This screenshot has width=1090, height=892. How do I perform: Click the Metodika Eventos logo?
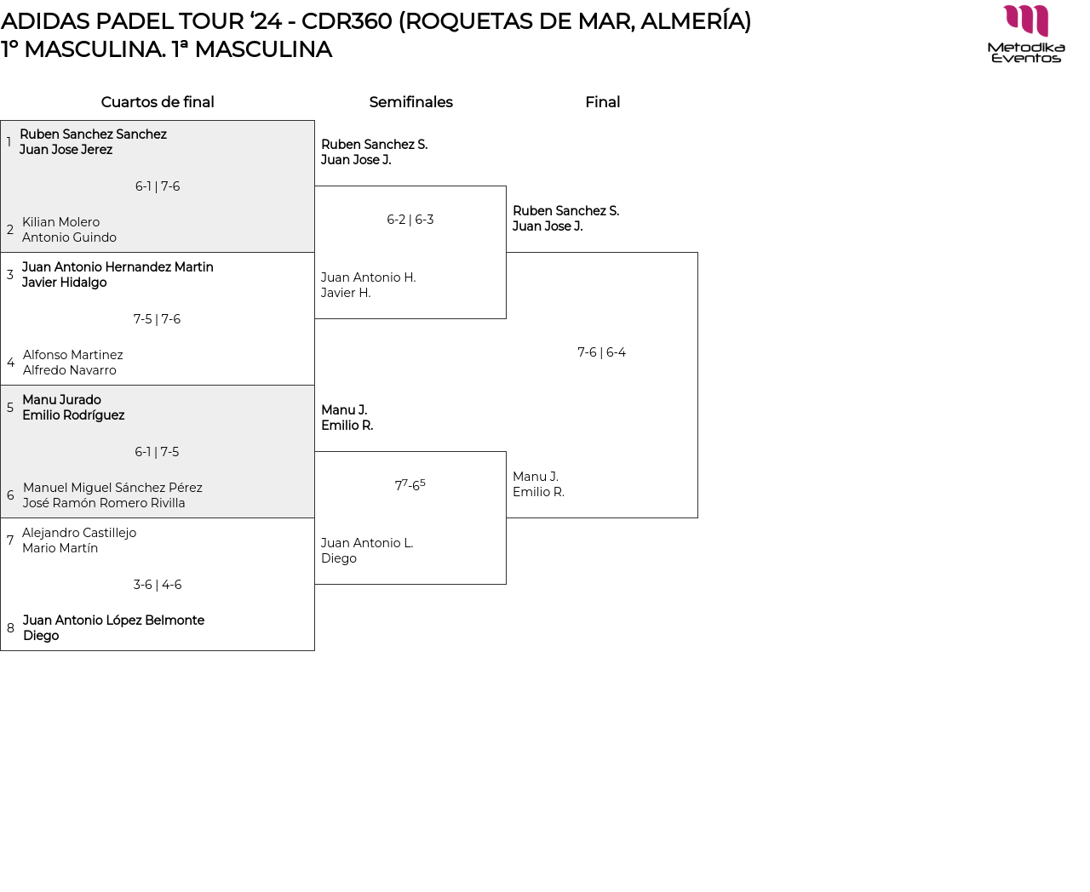1026,34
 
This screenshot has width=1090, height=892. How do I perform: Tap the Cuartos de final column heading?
158,102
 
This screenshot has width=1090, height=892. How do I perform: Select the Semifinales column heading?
410,102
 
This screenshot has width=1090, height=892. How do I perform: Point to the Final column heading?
602,102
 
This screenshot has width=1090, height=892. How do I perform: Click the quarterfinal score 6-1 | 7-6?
158,186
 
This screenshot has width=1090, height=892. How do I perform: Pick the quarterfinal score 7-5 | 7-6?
157,319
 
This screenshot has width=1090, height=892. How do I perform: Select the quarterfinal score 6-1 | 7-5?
157,452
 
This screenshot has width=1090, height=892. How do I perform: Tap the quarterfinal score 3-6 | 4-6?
158,585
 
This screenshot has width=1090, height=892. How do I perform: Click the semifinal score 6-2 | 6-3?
410,220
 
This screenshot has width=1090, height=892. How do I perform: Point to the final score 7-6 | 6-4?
601,352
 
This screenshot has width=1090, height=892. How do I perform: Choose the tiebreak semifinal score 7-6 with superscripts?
410,485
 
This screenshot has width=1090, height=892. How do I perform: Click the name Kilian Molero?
60,222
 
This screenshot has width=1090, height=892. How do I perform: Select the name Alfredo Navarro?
70,370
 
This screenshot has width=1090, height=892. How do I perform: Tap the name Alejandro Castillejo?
79,533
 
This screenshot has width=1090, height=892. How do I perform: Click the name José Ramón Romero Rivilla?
104,503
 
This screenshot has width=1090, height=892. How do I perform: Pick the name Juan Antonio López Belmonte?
113,620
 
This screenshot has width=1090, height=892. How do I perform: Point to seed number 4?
10,363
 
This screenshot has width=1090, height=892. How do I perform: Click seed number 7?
10,540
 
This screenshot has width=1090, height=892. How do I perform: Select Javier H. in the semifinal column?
346,293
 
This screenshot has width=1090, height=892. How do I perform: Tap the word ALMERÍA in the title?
691,21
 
